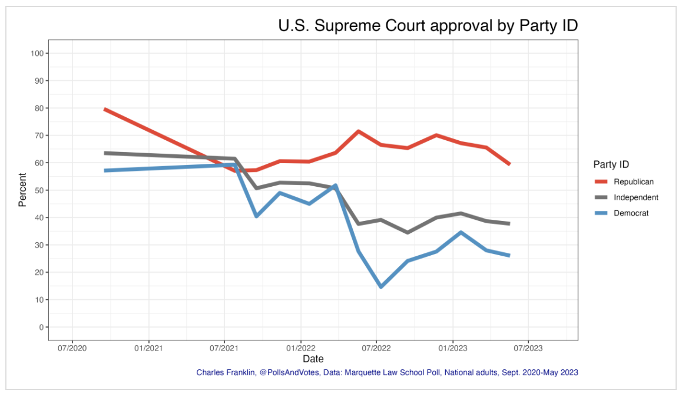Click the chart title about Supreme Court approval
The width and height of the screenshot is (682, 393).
tap(428, 26)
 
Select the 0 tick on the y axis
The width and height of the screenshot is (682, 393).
tap(41, 327)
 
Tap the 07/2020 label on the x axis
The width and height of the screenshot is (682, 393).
tap(72, 348)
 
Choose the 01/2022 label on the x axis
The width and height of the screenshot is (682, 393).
tap(300, 348)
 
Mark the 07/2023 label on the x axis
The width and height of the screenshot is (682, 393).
tap(528, 348)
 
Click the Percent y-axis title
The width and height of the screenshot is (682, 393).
tap(22, 190)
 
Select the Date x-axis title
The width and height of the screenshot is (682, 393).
tap(313, 359)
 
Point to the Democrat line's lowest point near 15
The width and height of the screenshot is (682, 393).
tap(381, 287)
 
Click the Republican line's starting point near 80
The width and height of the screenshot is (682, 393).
tap(105, 109)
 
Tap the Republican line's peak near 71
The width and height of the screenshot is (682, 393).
tap(358, 131)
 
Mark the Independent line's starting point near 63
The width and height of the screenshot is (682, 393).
tap(105, 153)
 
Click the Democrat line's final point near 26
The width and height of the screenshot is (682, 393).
tap(509, 256)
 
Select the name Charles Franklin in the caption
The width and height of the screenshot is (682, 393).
tap(226, 372)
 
